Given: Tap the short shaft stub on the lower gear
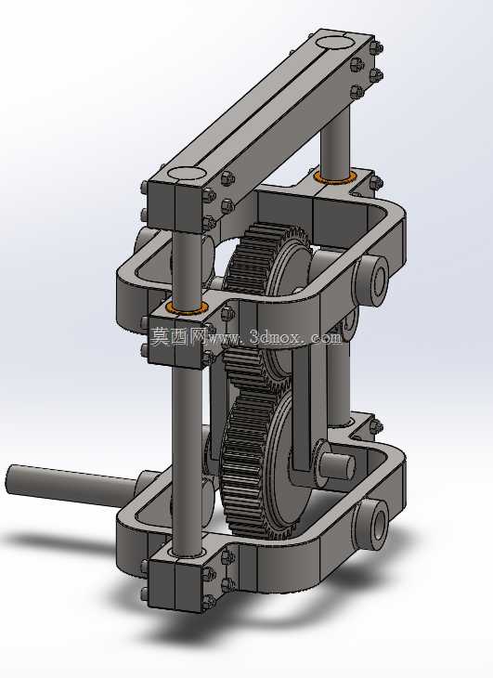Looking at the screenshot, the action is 338,465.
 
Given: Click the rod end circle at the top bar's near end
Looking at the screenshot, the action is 187,173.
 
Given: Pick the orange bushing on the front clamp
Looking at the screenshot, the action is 188,307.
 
